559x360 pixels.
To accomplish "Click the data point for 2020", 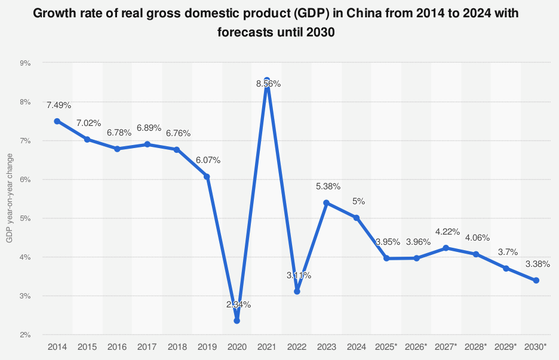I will tap(237, 321).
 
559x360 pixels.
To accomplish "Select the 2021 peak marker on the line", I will tap(267, 80).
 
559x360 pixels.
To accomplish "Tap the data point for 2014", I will tap(57, 121).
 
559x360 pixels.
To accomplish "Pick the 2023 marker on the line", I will tap(327, 203).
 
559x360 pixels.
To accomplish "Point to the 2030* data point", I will tap(536, 281).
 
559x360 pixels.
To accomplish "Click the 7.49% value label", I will tap(59, 105).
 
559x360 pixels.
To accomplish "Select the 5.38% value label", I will tap(328, 186).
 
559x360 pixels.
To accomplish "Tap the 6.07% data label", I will tap(208, 160).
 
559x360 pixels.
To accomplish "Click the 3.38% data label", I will tap(537, 264).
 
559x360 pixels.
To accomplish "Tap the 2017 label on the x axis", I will tap(147, 347).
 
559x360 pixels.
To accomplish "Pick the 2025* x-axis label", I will tap(386, 347).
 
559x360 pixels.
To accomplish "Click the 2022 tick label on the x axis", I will tap(297, 347).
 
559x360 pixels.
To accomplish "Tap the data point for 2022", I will tap(297, 291).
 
